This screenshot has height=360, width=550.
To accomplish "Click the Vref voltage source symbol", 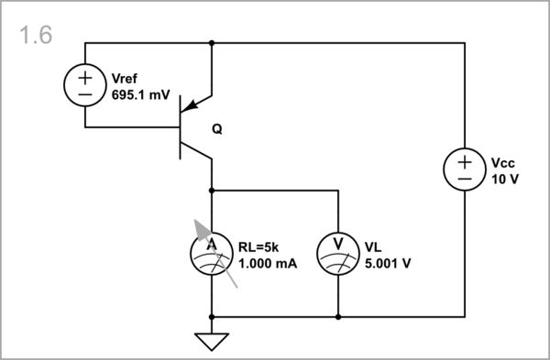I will coord(85,85).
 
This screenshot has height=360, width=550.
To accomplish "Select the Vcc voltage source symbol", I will coord(466,169).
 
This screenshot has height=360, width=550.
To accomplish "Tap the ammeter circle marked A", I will coord(212,254).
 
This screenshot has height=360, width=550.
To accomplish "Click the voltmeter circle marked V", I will coord(338,254).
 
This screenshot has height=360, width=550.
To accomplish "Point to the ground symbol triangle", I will coord(212,341).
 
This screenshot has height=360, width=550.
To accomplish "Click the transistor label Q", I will coord(217,129).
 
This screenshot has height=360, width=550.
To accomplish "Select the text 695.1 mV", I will coord(140,93).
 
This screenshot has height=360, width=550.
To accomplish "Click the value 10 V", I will coord(505,179).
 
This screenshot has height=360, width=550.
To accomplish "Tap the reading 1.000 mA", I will coord(269,263).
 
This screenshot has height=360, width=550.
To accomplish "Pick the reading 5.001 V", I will coord(388,263).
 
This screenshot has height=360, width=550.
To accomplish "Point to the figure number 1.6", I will coord(35,36).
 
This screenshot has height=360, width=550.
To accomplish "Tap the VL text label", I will coord(372,246).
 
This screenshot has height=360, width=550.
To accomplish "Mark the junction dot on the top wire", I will coord(212,42).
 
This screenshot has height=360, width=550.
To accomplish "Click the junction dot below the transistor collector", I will coord(212,191).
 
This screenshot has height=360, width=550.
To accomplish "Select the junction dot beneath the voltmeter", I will coord(338,317).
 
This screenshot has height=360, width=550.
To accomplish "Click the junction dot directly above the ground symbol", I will coord(212,317).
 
